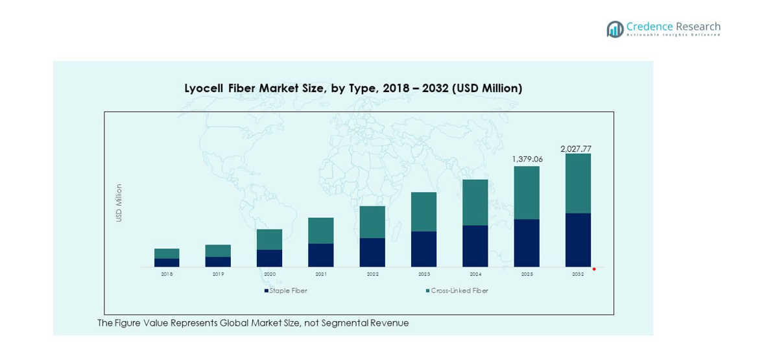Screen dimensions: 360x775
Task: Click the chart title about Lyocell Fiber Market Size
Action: pyautogui.click(x=353, y=88)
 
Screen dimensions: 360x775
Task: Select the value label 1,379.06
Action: pyautogui.click(x=527, y=159)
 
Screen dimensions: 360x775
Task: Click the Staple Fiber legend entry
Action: pyautogui.click(x=285, y=291)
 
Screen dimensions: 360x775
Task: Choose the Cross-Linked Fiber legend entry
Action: pyautogui.click(x=457, y=291)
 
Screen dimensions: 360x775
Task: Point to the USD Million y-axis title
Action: pyautogui.click(x=119, y=203)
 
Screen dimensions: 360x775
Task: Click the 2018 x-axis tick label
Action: pyautogui.click(x=167, y=274)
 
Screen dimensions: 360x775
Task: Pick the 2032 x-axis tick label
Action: pyautogui.click(x=578, y=274)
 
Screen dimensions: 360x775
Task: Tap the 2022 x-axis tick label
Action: pyautogui.click(x=372, y=274)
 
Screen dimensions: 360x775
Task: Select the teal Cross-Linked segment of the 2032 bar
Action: pyautogui.click(x=578, y=184)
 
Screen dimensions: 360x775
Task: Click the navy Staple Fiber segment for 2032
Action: pyautogui.click(x=578, y=239)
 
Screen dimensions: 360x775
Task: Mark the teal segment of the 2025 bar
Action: pyautogui.click(x=527, y=193)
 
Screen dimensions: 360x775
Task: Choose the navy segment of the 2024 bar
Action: pyautogui.click(x=475, y=246)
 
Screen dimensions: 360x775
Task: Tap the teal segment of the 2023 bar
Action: pyautogui.click(x=423, y=211)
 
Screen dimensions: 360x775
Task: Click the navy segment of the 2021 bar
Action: pyautogui.click(x=320, y=255)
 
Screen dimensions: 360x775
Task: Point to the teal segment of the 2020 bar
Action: pyautogui.click(x=269, y=239)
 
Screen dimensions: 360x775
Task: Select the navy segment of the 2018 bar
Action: pyautogui.click(x=167, y=263)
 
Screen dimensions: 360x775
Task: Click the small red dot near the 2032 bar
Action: pyautogui.click(x=593, y=269)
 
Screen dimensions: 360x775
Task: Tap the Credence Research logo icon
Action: pyautogui.click(x=614, y=29)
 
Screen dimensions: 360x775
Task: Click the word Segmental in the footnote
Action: pyautogui.click(x=346, y=323)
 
